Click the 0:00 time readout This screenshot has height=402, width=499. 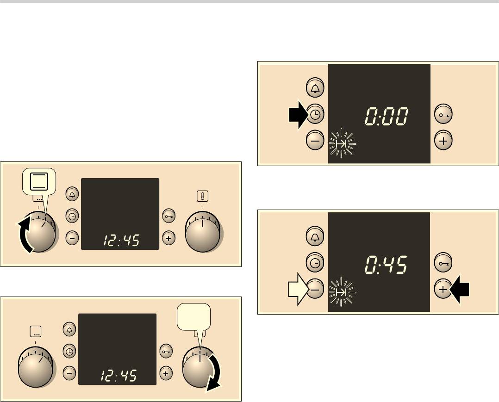(387, 116)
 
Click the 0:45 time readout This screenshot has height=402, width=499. (386, 265)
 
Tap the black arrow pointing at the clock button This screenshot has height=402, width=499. (299, 115)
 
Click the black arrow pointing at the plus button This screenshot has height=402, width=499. (460, 289)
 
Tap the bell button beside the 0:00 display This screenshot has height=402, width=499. (315, 88)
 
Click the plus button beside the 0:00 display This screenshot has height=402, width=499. (443, 140)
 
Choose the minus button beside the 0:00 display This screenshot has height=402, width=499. (315, 140)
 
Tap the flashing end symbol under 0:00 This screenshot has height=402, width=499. (342, 143)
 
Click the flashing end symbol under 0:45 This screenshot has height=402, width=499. (342, 291)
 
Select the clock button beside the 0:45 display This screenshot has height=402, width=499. (315, 263)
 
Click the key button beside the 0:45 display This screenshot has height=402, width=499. (443, 262)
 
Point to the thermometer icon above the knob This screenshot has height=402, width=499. (202, 196)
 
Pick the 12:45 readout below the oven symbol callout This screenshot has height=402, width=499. (121, 241)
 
